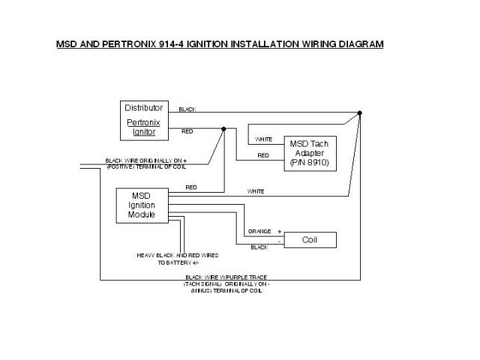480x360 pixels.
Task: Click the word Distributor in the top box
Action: coord(143,108)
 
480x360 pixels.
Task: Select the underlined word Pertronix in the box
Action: coord(143,121)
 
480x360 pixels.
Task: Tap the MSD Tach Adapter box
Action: coord(309,152)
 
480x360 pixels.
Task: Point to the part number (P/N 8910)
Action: coord(309,163)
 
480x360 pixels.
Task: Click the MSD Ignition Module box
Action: coord(142,205)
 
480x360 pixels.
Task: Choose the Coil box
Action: coord(310,240)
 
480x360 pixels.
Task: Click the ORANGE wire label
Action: coord(259,232)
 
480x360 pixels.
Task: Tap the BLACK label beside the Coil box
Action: coord(259,247)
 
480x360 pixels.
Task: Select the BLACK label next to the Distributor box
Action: coord(187,109)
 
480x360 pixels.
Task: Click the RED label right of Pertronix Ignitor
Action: coord(187,131)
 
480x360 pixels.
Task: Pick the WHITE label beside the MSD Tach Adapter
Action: coord(263,139)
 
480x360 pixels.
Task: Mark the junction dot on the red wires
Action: coord(223,129)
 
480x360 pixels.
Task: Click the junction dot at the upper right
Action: coord(360,113)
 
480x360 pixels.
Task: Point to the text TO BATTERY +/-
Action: coord(178,262)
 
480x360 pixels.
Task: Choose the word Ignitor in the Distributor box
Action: coord(143,131)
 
